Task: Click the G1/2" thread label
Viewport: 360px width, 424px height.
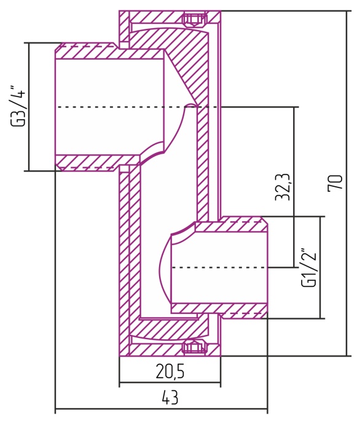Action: point(310,268)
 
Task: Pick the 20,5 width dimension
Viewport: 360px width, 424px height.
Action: point(170,371)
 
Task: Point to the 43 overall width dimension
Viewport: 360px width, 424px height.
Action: point(170,398)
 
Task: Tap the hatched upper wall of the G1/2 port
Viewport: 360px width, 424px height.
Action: point(230,227)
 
